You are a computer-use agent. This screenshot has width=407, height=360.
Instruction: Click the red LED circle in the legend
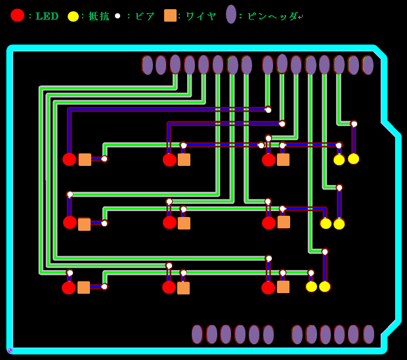point(17,15)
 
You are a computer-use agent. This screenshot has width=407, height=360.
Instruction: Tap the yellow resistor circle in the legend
point(73,16)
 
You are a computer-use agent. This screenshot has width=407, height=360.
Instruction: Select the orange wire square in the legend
point(170,15)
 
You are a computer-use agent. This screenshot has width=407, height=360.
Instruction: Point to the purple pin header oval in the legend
point(231,14)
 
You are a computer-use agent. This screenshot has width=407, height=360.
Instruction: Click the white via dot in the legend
point(118,16)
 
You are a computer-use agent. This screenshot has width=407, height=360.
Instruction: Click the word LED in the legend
point(47,16)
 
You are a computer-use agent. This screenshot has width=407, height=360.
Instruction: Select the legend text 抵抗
point(99,16)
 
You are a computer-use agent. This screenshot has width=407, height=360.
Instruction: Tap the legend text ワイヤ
point(201,16)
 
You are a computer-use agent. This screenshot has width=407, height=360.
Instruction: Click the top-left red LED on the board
point(70,159)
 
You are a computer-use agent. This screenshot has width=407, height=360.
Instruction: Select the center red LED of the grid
point(169,222)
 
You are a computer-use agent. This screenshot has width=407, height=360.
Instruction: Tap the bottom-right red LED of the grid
point(268,287)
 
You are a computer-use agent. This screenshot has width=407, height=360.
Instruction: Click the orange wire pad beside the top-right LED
point(283,159)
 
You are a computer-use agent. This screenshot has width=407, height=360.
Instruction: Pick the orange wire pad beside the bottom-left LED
point(83,287)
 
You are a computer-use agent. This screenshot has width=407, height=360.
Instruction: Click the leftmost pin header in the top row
point(147,65)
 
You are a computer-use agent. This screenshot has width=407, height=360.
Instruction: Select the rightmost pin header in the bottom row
point(368,334)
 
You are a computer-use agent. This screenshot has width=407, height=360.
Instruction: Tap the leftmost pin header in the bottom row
point(197,334)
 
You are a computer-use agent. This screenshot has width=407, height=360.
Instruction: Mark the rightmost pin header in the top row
point(368,65)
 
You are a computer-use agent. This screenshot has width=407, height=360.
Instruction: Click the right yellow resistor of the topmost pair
point(353,159)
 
